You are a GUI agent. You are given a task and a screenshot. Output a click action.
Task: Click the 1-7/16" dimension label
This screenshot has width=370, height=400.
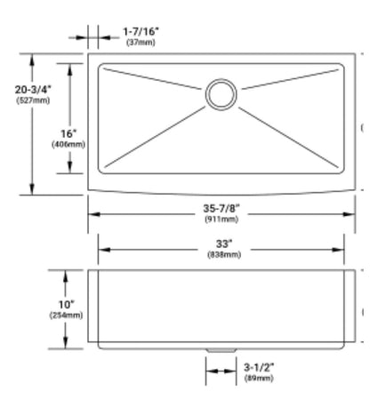tap(141, 31)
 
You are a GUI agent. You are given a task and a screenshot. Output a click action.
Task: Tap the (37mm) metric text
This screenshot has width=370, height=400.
tap(141, 43)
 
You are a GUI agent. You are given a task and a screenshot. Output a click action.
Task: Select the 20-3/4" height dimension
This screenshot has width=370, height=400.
tap(33, 89)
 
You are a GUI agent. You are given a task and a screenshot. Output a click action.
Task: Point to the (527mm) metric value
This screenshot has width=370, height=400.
tap(33, 100)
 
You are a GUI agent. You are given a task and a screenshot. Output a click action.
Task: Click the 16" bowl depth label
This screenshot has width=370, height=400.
tap(68, 133)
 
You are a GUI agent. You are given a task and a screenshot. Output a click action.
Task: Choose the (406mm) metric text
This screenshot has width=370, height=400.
tap(68, 145)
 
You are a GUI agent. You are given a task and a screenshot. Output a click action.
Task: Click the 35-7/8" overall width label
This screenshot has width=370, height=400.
tap(221, 208)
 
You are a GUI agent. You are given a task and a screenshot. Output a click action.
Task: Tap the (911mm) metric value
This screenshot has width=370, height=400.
tap(221, 220)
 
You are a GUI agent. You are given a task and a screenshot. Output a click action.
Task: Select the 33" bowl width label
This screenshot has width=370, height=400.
tap(224, 244)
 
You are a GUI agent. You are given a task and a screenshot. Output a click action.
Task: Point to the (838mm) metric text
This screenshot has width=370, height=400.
tap(224, 255)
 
